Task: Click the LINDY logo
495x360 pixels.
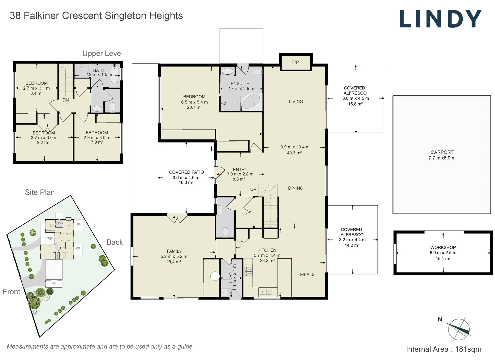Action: pos(440,19)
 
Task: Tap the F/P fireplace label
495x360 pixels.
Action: pos(295,62)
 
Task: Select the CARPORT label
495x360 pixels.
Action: pos(442,152)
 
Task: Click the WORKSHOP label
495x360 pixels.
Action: pos(443,247)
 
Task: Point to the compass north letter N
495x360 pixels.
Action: pos(440,319)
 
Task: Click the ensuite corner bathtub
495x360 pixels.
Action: pos(251,101)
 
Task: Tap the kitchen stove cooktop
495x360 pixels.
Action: pos(248,271)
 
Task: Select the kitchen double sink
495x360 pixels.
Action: pos(265,292)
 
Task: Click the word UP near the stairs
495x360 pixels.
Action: pos(253,189)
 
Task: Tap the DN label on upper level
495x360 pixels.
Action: pos(66,100)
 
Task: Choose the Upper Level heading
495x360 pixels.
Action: pos(102,54)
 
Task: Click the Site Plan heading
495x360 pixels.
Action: pos(40,192)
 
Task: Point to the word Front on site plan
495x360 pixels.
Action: pos(11,292)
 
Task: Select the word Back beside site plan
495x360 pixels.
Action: pos(115,242)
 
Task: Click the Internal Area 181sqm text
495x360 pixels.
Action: pos(443,349)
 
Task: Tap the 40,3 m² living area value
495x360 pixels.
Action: pos(294,153)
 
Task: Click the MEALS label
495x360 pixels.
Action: pos(307,274)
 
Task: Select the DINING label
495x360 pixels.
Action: pos(296,188)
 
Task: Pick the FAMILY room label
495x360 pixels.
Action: pos(174,251)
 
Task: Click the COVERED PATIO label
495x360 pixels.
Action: pos(186,172)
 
